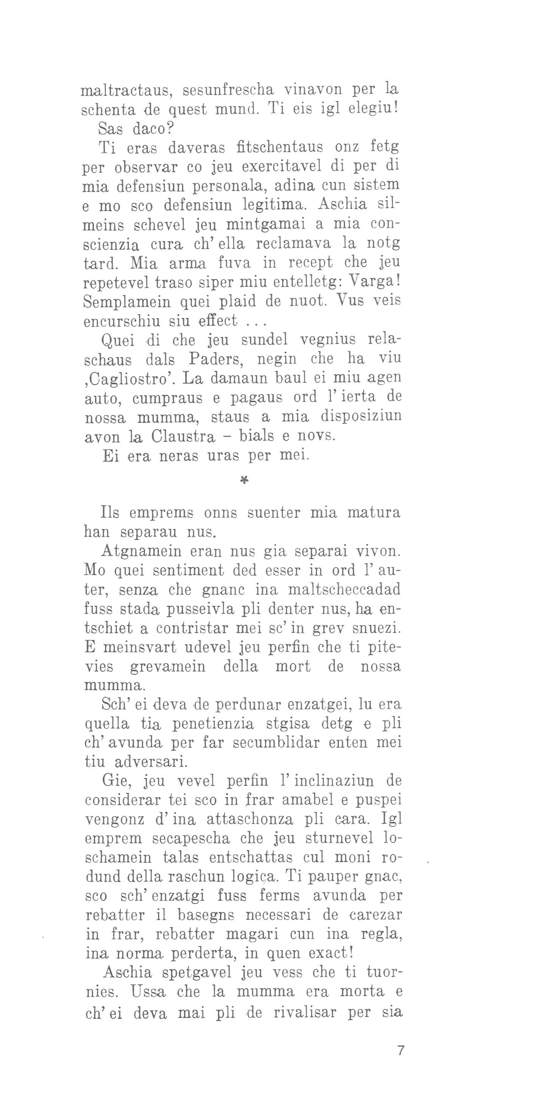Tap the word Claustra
click(x=183, y=437)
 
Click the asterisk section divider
click(x=243, y=480)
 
